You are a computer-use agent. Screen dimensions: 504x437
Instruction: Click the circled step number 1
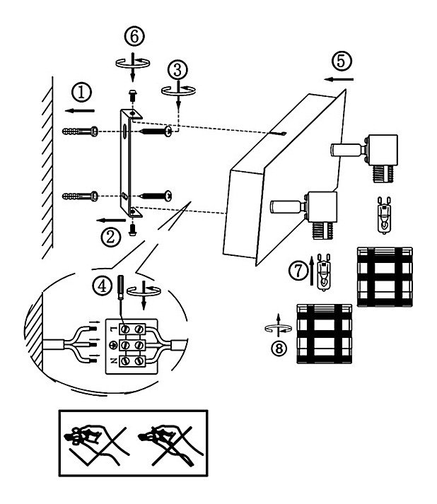[x=83, y=92]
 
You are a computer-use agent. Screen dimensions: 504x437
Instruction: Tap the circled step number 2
[x=109, y=238]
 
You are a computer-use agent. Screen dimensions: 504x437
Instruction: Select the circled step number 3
[x=177, y=69]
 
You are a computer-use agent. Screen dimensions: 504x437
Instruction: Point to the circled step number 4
[x=103, y=286]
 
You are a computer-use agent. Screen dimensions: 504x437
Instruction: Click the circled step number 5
[x=342, y=61]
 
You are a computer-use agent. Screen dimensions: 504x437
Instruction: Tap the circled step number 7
[x=300, y=269]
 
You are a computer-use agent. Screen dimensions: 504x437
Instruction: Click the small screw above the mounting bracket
[x=132, y=94]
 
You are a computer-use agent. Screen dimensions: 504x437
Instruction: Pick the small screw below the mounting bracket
[x=132, y=228]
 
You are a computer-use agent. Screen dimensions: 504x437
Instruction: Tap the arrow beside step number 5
[x=342, y=80]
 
